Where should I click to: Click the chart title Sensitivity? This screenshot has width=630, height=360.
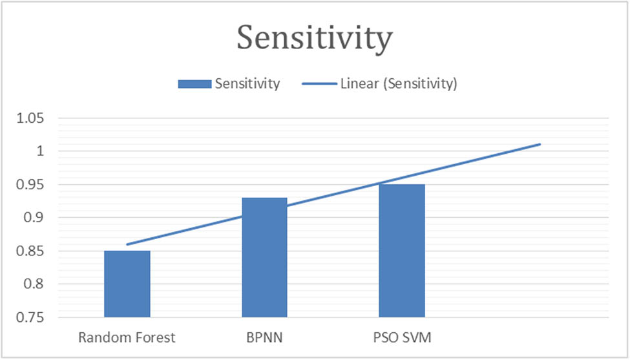[x=314, y=37]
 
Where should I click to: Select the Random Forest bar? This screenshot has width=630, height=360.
[x=127, y=284]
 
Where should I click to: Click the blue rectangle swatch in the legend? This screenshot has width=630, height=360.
[x=194, y=84]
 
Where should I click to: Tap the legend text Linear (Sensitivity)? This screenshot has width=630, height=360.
[x=399, y=84]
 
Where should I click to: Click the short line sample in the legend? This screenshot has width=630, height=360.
[x=319, y=84]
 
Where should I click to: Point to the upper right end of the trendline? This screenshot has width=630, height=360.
[x=540, y=144]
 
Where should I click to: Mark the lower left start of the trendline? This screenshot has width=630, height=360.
[x=127, y=244]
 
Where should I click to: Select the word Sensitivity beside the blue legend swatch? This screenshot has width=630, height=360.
[x=247, y=84]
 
